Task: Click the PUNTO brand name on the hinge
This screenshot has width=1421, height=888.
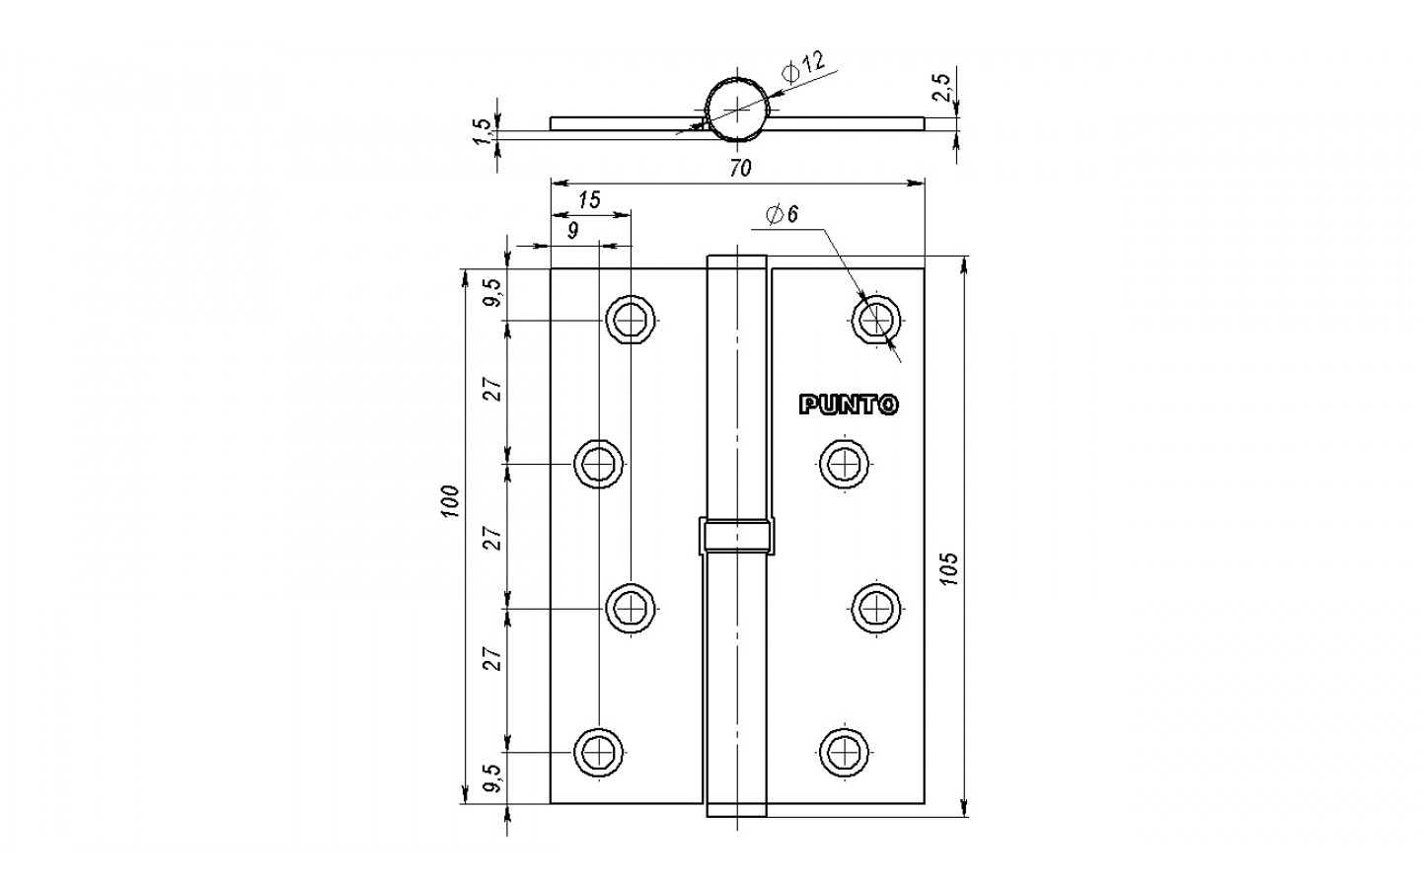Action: pos(849,405)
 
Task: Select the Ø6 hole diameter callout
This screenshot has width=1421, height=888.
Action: pos(783,214)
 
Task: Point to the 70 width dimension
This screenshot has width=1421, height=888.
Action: pos(740,168)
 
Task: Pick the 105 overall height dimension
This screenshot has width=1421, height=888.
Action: pos(949,568)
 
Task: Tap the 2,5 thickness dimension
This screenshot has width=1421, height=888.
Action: pos(943,87)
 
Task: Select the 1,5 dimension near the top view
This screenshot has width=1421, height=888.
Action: pos(484,131)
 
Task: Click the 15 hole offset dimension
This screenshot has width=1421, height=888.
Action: pos(589,200)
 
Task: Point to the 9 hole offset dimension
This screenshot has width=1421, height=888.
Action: pos(572,231)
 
